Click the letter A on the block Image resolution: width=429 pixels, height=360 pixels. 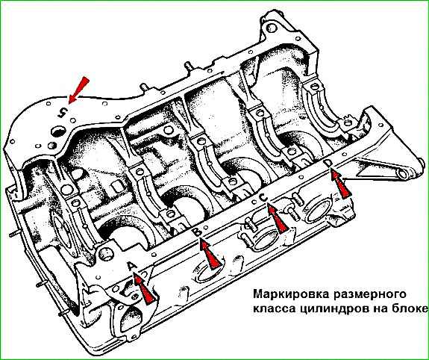(132, 266)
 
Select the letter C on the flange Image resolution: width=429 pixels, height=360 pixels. (263, 197)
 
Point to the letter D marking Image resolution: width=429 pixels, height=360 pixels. (328, 164)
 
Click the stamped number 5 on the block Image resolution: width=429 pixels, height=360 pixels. (63, 112)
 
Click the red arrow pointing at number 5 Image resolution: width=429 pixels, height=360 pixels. (78, 90)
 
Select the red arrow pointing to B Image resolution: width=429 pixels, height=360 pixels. (210, 254)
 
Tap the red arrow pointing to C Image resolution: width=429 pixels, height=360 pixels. (277, 218)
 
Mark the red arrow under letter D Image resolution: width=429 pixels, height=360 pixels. (341, 184)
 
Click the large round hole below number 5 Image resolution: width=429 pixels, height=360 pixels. (58, 131)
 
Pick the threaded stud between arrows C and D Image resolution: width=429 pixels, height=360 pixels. (292, 213)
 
